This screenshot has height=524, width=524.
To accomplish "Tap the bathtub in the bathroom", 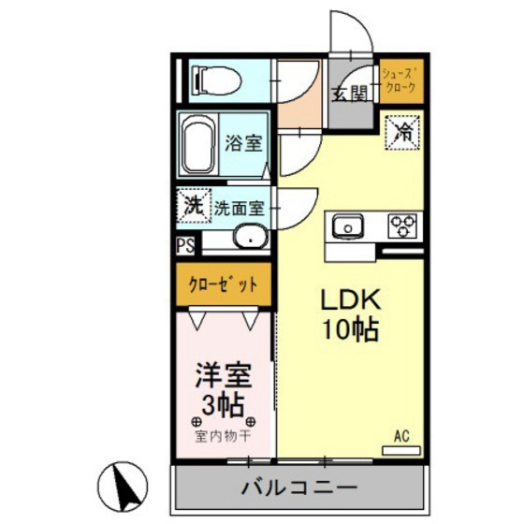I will click(197, 145).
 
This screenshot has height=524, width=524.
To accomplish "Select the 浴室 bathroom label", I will click(244, 146).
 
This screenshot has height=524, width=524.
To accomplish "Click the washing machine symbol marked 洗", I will click(192, 205).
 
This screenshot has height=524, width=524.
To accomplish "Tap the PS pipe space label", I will click(185, 248).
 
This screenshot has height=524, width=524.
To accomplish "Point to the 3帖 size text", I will click(224, 404).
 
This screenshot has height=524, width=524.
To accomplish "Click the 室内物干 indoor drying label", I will click(223, 435).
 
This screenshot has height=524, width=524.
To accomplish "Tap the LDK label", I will click(350, 299).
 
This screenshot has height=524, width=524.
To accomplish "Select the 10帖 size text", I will click(350, 329).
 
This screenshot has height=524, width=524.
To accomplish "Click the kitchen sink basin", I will click(346, 226).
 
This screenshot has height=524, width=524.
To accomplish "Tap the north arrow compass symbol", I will click(124, 485).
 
